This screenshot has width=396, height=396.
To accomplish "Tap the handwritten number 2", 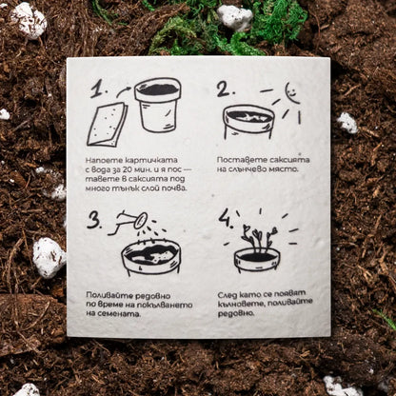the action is coord(226,89).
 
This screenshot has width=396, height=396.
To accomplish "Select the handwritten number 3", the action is coord(94,219).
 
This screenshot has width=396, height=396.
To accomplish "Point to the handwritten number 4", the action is coord(226,218).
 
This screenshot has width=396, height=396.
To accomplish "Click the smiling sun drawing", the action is coord(292,92).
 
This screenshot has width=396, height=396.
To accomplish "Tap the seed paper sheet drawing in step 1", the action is coord(108,125).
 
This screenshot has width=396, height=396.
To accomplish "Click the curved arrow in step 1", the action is coord(125,91).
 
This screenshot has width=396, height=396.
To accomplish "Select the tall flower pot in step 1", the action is coord(158,106).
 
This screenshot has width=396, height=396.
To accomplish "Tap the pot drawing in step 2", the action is coord(248,122).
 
